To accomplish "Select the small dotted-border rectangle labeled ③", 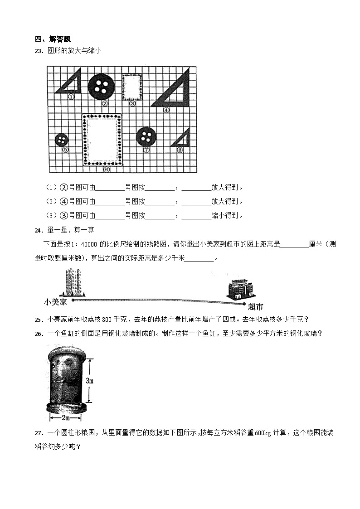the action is pos(132,87).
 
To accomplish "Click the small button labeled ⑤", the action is pos(61,140).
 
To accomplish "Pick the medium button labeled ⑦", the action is pos(146,136).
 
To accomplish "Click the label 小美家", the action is pos(56,301).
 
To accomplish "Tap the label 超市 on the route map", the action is pos(256,307).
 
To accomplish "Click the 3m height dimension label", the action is pos(90,381).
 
